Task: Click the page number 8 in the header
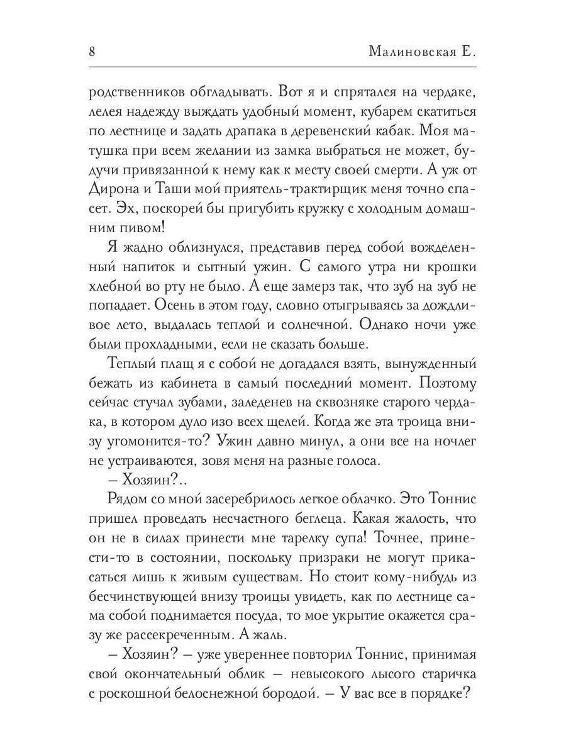pyautogui.click(x=92, y=52)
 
